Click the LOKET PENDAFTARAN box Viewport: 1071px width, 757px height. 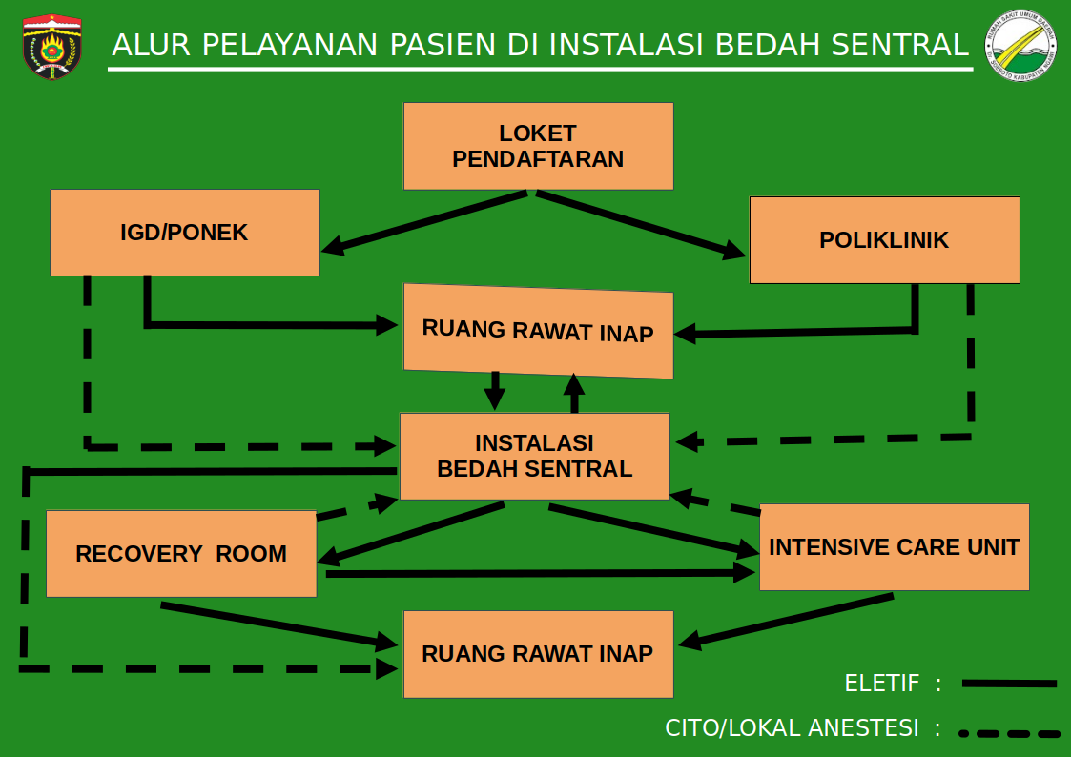538,146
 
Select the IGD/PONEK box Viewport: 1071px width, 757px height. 184,233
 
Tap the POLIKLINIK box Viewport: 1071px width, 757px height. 884,240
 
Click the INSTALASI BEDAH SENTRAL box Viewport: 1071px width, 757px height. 534,456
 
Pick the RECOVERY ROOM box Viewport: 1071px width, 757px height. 181,554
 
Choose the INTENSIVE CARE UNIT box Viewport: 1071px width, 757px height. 894,547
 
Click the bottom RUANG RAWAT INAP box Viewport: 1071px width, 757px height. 538,654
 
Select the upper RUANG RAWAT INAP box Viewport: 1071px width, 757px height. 538,331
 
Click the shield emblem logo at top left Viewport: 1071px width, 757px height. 51,46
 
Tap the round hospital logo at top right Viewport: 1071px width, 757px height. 1021,46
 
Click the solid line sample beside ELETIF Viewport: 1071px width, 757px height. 1009,684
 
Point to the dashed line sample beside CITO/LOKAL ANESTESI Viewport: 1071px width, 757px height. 1009,733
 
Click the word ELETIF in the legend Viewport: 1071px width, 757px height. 881,684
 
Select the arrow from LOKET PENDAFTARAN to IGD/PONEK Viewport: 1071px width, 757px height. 425,222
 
